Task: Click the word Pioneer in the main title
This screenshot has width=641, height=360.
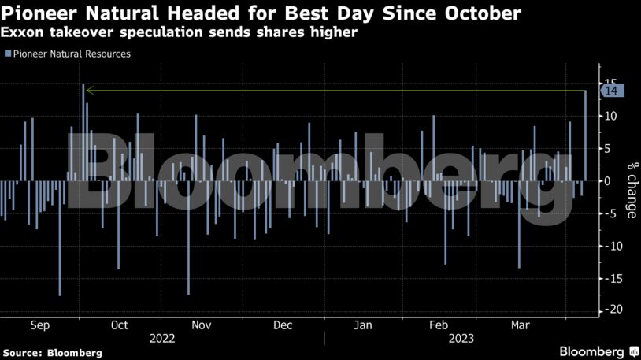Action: [39, 13]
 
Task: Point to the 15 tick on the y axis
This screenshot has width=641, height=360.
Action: [609, 84]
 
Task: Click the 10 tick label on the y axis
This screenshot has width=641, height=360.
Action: [610, 116]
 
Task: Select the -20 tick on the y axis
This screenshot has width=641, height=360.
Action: [609, 310]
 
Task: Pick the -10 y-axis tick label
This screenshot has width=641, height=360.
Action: [609, 246]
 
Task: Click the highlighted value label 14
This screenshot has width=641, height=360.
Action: [613, 91]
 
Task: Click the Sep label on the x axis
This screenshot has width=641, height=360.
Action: [40, 325]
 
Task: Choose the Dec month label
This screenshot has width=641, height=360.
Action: [282, 325]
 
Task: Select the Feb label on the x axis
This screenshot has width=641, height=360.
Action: [438, 325]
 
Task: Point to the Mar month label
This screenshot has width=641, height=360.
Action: [521, 325]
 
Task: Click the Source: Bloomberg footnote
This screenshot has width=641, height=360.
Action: [51, 353]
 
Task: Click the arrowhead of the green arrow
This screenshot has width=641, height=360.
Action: [88, 91]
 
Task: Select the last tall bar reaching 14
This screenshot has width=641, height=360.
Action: [585, 134]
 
